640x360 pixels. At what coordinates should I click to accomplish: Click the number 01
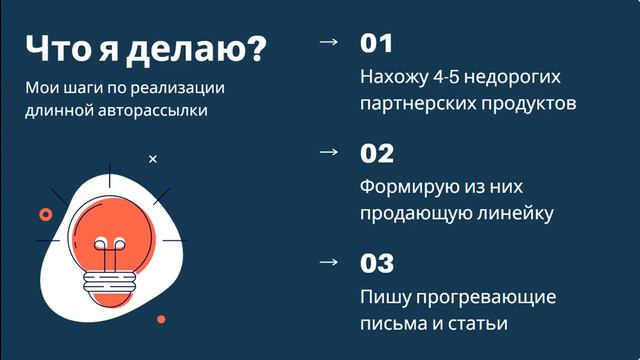pyautogui.click(x=377, y=44)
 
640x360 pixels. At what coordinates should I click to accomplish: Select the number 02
pyautogui.click(x=378, y=154)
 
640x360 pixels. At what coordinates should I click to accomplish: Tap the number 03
pyautogui.click(x=378, y=264)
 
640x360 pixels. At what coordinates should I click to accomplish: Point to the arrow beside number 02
pyautogui.click(x=327, y=152)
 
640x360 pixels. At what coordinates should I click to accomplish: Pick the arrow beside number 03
pyautogui.click(x=327, y=262)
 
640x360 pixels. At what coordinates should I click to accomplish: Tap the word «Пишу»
pyautogui.click(x=382, y=298)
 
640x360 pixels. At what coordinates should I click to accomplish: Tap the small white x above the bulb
pyautogui.click(x=153, y=159)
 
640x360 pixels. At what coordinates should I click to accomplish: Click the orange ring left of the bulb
pyautogui.click(x=45, y=214)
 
